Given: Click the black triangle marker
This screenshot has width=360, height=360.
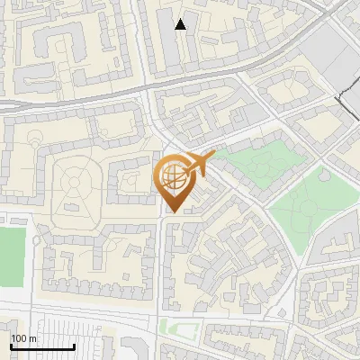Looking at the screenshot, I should click(x=181, y=24).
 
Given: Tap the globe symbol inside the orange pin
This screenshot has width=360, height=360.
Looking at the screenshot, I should click(x=173, y=175).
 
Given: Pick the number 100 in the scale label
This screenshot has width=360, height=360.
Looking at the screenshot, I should click(x=20, y=338).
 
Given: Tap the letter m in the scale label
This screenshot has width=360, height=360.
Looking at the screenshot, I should click(x=35, y=338).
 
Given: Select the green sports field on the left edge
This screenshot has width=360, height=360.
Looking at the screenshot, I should click(x=10, y=257).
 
